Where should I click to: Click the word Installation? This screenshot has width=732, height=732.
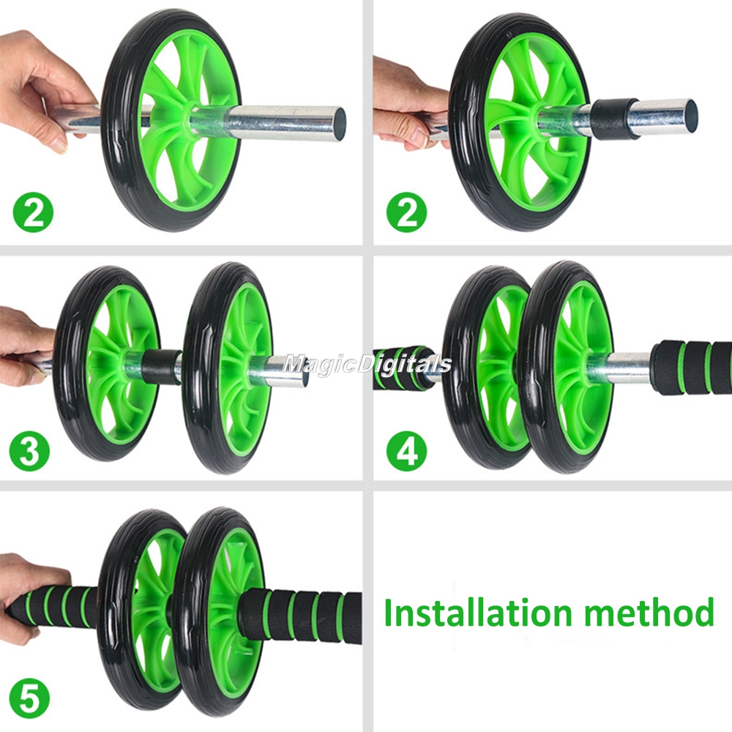pyautogui.click(x=477, y=612)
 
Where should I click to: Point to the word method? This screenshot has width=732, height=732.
pyautogui.click(x=649, y=612)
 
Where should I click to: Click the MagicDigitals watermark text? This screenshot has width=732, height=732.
pyautogui.click(x=367, y=363)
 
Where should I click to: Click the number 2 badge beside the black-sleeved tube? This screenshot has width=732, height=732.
pyautogui.click(x=406, y=212)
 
